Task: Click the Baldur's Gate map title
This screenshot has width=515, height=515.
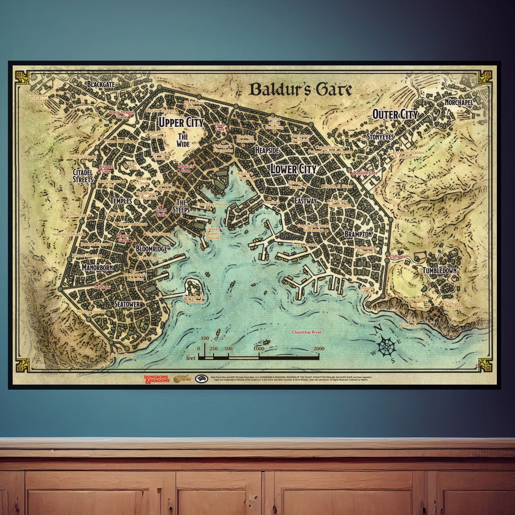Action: tap(300, 89)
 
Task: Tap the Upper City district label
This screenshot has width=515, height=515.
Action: tap(181, 122)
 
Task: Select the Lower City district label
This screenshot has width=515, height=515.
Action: tap(293, 169)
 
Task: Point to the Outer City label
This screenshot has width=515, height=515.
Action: tap(395, 114)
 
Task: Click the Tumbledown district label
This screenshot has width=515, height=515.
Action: tap(440, 270)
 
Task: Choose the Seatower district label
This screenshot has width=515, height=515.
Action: tap(127, 304)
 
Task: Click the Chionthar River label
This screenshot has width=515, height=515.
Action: tap(310, 332)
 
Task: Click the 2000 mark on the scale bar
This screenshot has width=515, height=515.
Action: tap(319, 349)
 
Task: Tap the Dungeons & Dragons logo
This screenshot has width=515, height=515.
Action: tap(156, 379)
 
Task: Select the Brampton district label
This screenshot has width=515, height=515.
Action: tap(358, 235)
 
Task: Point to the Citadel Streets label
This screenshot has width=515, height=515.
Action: tap(83, 175)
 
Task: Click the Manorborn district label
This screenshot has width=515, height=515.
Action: tap(97, 268)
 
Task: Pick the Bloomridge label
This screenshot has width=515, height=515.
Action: tap(151, 249)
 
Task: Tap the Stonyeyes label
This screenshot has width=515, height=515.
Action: tap(380, 137)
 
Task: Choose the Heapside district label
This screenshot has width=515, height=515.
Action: tap(267, 150)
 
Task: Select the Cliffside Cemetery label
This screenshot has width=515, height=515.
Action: tap(453, 306)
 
